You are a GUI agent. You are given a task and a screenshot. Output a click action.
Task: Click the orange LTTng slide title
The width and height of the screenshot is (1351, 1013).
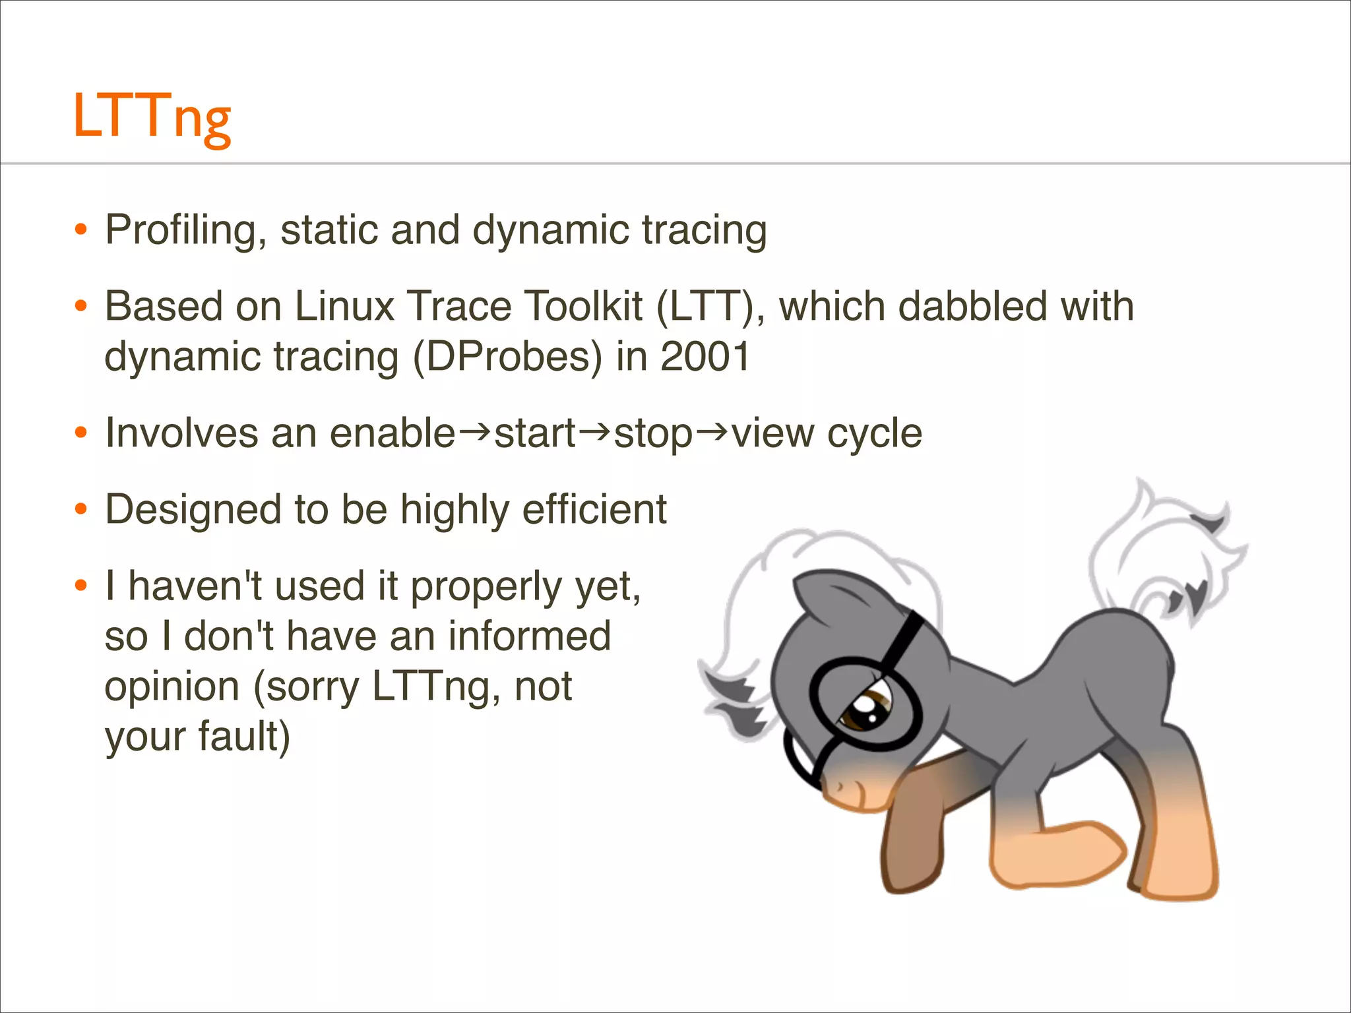(152, 117)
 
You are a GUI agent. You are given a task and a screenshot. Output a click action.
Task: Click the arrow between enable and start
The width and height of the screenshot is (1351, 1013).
(474, 433)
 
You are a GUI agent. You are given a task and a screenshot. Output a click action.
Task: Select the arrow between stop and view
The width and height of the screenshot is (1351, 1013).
(712, 433)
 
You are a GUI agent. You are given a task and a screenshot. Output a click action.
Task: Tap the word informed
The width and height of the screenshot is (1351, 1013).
(529, 636)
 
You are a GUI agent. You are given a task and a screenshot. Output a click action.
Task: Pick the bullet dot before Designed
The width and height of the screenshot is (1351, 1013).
(81, 510)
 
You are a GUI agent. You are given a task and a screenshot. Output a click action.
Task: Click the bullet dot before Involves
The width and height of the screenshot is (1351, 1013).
(81, 433)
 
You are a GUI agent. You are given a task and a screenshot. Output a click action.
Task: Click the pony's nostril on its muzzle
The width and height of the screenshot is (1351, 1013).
(840, 787)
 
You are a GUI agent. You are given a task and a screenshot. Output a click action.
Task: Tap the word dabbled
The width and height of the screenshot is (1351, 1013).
(972, 307)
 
